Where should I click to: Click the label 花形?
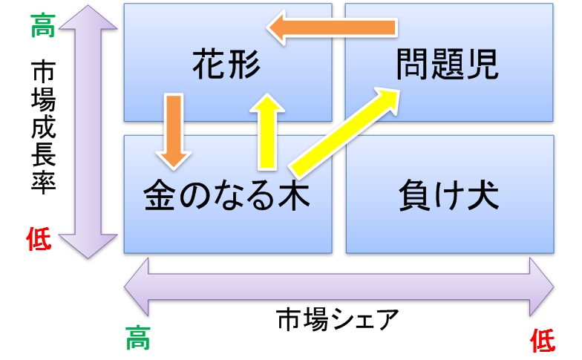coord(226,65)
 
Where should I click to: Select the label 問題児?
coord(447,65)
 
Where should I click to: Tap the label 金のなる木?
coord(226,197)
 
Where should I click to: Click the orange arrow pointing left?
coord(332,29)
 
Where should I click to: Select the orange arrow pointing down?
coord(173,130)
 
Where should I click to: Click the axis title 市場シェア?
coord(338,320)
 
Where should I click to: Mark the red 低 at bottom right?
coord(543,341)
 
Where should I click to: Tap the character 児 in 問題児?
coord(480,65)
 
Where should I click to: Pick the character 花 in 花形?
coord(209,65)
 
